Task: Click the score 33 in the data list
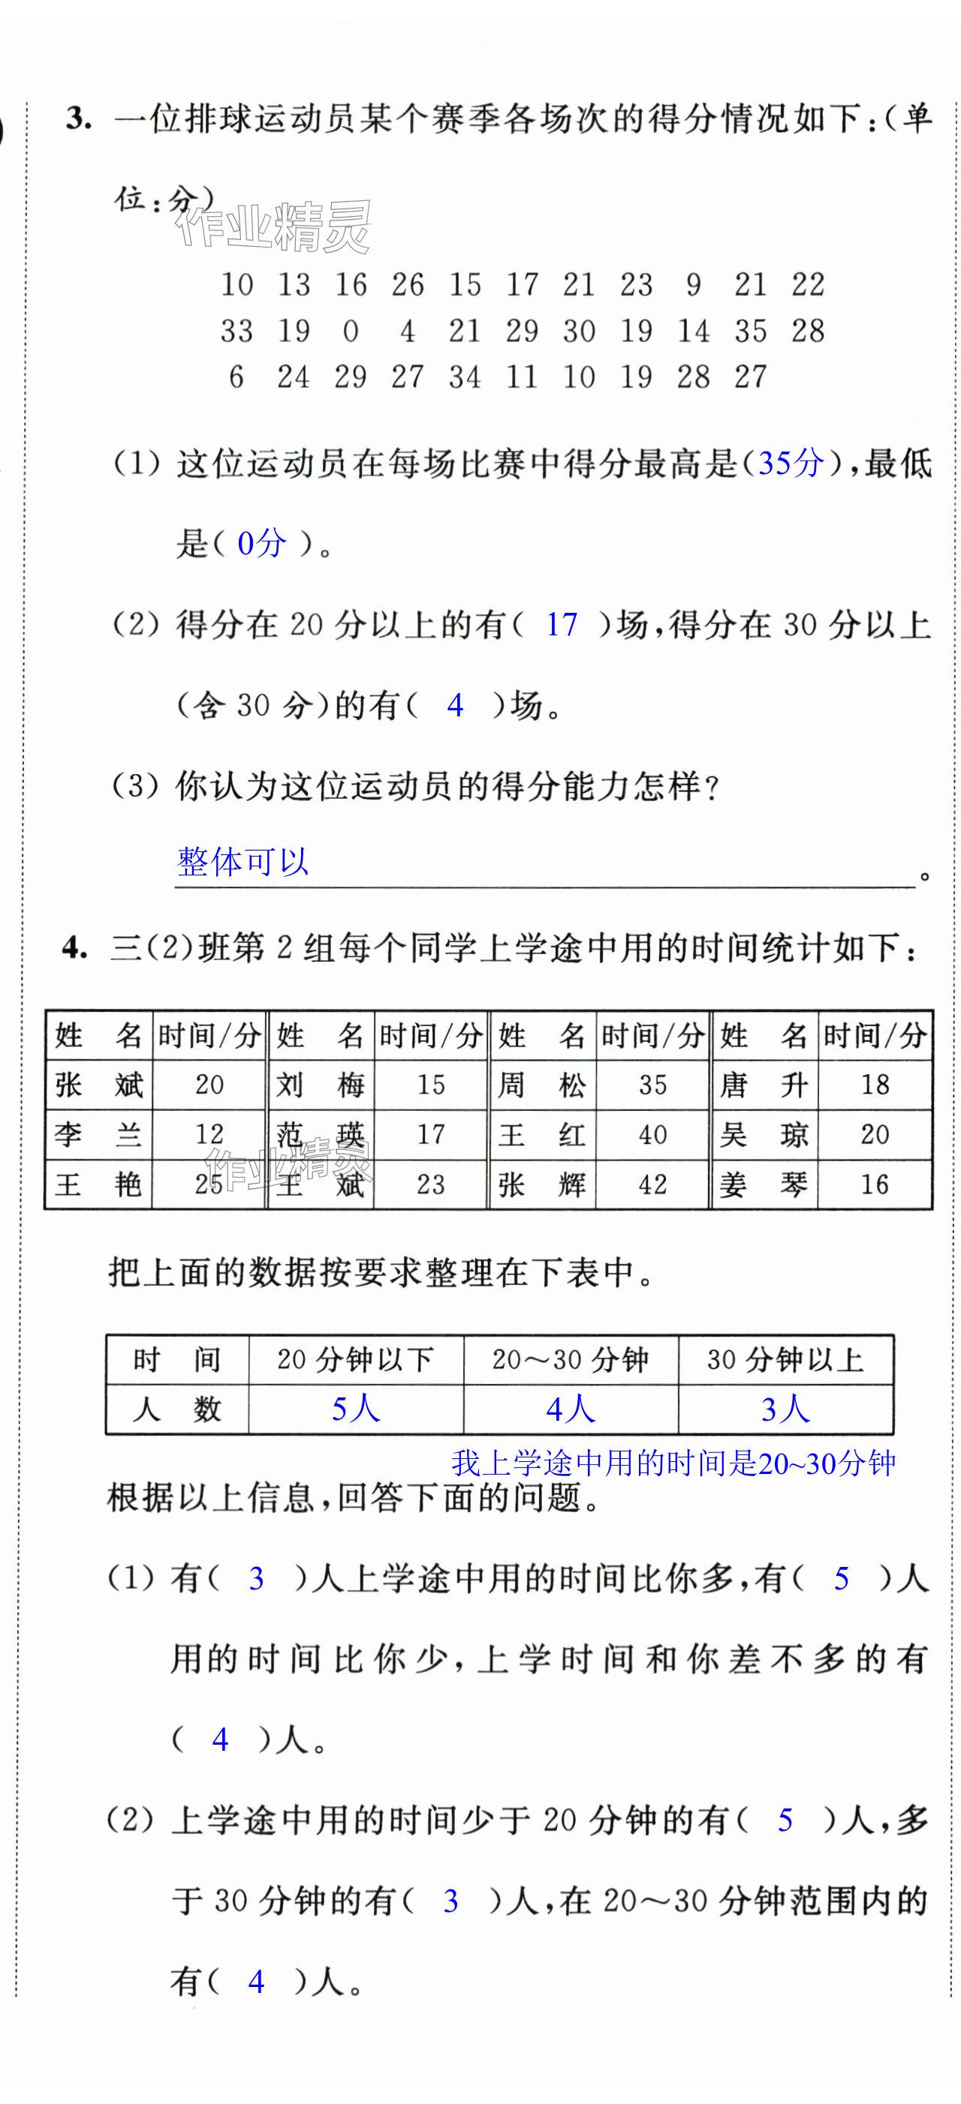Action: point(236,331)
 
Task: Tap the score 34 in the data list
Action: point(464,377)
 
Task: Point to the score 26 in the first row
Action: point(407,284)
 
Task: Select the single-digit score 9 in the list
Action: point(693,284)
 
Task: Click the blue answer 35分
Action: point(791,463)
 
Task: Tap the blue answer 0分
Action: point(261,543)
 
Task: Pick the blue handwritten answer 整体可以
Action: point(243,862)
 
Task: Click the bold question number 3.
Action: point(78,119)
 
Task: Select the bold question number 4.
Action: point(74,948)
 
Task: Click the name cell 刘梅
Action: point(321,1085)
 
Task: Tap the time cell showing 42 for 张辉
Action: point(652,1184)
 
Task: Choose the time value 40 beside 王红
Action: point(652,1134)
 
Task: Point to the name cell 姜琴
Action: point(764,1184)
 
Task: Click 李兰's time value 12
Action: point(209,1134)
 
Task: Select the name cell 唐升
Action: point(764,1085)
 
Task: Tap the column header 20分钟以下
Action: point(355,1360)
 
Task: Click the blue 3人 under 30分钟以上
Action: point(785,1409)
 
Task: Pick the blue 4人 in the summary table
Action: point(571,1409)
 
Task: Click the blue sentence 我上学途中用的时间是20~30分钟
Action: point(673,1463)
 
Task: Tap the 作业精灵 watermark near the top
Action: point(274,227)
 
